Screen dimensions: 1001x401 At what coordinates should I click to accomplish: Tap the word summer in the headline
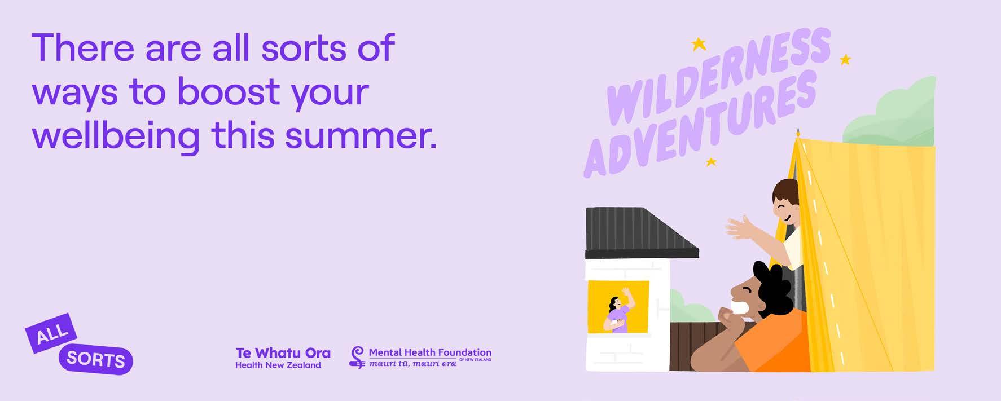[361, 136]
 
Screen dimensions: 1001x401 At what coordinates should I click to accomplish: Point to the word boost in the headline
[229, 91]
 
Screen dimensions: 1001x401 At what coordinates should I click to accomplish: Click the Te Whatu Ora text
[283, 353]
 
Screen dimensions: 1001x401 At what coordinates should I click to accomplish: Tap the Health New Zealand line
[278, 365]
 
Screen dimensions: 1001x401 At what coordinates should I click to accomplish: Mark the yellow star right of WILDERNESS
[845, 59]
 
